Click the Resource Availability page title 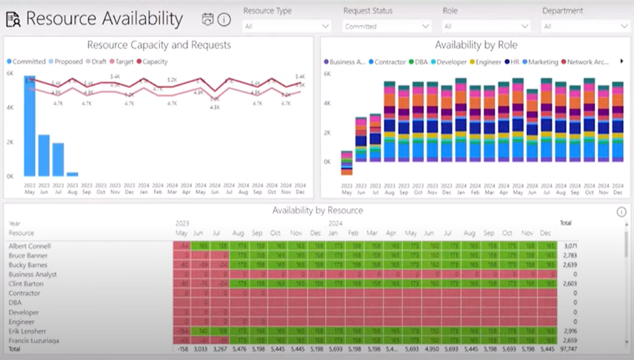(104, 19)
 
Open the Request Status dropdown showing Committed (386, 27)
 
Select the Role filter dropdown (485, 27)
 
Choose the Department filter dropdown (585, 27)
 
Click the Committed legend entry (29, 61)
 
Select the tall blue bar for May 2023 (30, 126)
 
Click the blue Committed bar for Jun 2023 (44, 156)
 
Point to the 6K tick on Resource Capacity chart (10, 74)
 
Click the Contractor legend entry (390, 62)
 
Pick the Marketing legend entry (543, 62)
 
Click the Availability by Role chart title (475, 45)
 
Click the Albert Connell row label (29, 245)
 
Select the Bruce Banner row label (27, 255)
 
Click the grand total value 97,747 (567, 349)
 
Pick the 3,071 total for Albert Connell (569, 245)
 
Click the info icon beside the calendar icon (224, 20)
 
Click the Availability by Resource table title (317, 210)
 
